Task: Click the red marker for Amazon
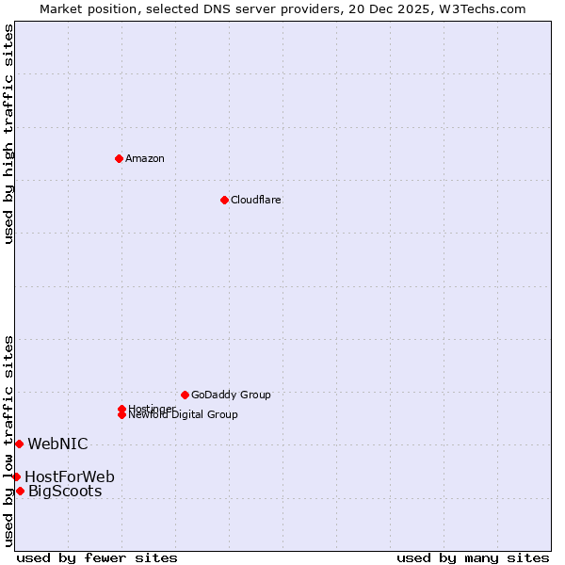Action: coord(119,158)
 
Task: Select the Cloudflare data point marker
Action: coord(224,200)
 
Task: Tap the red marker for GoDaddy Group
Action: coord(185,395)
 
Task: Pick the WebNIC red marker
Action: coord(19,444)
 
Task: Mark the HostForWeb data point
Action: coord(16,476)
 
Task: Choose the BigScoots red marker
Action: coord(20,491)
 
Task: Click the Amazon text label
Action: coord(145,158)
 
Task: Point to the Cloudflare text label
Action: coord(256,200)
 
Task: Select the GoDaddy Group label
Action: coord(231,395)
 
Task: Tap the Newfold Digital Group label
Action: coord(184,415)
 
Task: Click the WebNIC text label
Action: coord(57,444)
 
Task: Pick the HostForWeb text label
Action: coord(70,476)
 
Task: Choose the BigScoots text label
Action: coord(65,491)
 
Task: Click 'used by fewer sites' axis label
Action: coord(97,557)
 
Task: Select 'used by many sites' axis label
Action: coord(473,557)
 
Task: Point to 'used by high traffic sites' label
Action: coord(8,134)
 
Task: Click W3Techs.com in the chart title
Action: coord(480,8)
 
